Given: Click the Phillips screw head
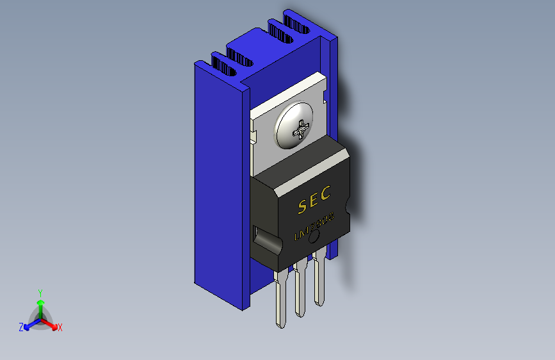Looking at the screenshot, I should click(294, 126).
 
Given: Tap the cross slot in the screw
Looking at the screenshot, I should click(300, 131).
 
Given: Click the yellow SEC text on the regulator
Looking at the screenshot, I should click(315, 200).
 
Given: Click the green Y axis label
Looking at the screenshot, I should click(40, 291).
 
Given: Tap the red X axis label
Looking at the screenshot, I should click(60, 327).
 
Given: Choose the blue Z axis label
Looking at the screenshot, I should click(21, 327).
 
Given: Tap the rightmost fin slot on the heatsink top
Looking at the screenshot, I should click(298, 24).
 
